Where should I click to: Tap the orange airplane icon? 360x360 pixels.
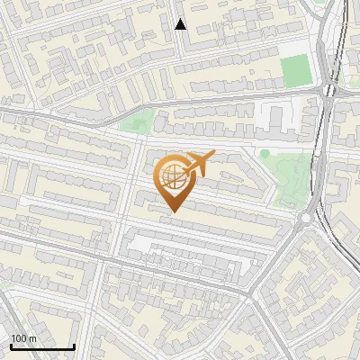pos(197,165)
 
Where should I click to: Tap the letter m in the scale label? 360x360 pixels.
pos(33,338)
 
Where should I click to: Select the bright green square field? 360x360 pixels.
pos(293,69)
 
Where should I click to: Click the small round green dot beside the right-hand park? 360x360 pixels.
pos(265,154)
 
